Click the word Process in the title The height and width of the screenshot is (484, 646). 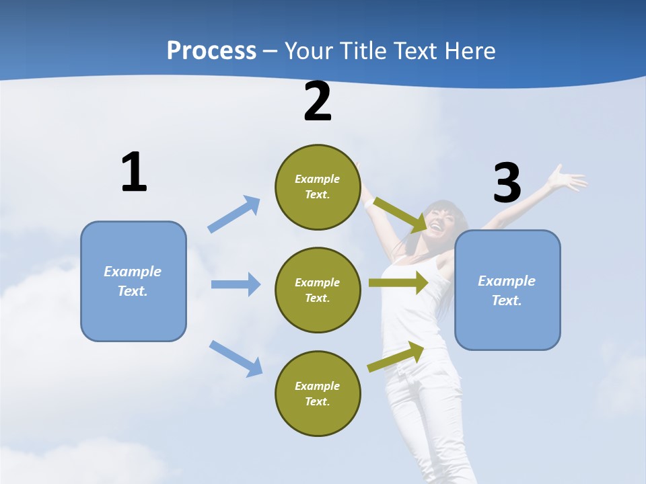click(211, 51)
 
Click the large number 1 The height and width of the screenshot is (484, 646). click(135, 171)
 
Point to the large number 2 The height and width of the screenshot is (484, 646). click(318, 102)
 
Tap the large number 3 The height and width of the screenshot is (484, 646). click(507, 182)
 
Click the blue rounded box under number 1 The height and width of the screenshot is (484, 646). click(133, 282)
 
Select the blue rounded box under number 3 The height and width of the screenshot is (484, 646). click(507, 290)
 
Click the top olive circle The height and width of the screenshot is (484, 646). click(318, 188)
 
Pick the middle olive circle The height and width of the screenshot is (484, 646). click(318, 290)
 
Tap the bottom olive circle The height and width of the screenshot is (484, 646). click(318, 393)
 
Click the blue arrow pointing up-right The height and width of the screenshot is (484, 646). click(234, 214)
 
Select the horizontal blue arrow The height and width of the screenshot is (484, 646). click(236, 284)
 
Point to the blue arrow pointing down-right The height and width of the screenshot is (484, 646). click(236, 359)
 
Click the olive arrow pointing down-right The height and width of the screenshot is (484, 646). click(400, 215)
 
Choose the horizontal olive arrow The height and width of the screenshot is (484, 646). click(398, 282)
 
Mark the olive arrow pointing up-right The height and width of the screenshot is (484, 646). click(396, 357)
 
